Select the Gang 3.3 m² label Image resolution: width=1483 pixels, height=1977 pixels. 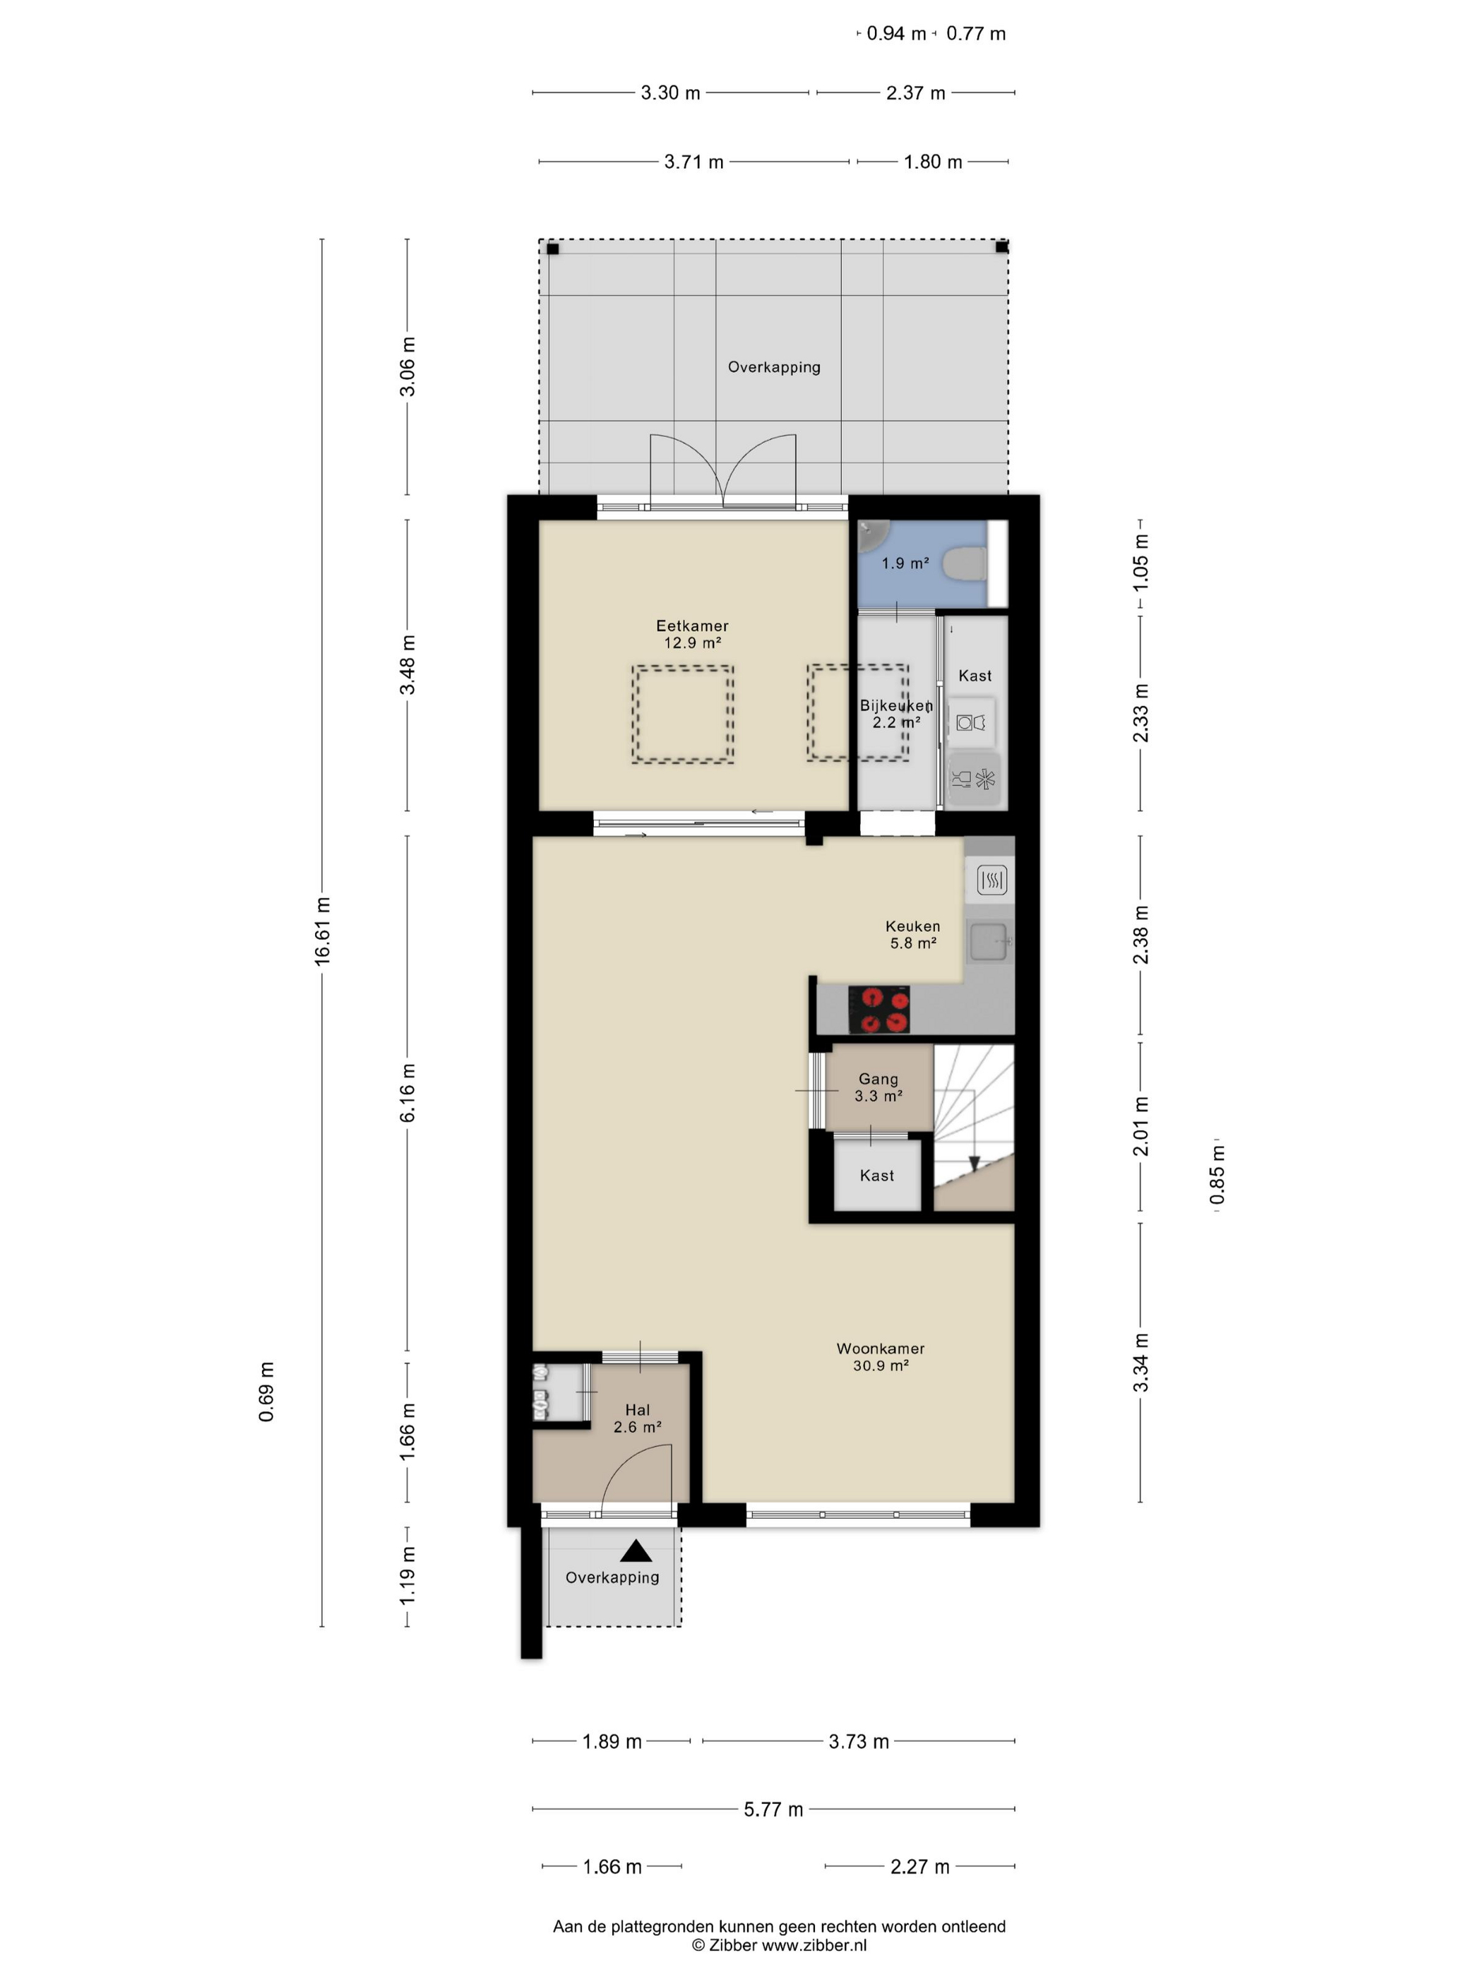[x=878, y=1087]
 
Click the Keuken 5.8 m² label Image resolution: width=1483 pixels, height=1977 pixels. [x=912, y=934]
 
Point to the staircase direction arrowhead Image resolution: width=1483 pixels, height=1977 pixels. [x=975, y=1163]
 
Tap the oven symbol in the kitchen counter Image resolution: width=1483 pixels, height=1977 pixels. [x=991, y=880]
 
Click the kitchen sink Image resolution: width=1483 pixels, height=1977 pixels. [x=989, y=941]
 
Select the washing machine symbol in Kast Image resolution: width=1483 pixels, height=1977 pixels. [x=971, y=722]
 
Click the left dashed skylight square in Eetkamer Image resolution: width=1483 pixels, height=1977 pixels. [x=683, y=713]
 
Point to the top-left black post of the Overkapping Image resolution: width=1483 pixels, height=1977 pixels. [x=552, y=249]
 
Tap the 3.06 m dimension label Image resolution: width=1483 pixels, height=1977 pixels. [x=407, y=366]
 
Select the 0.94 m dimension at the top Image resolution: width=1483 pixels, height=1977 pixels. [x=895, y=34]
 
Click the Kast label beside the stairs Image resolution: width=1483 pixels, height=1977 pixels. [x=876, y=1176]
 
